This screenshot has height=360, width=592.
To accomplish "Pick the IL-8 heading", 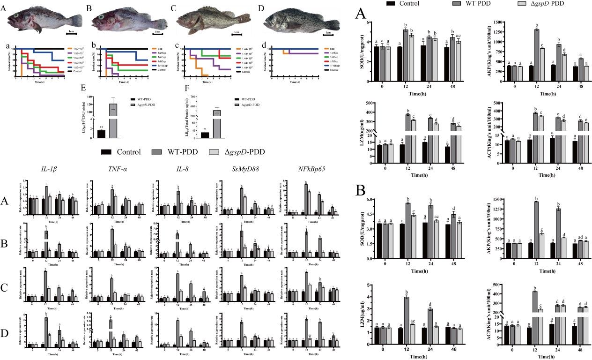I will click(169, 170).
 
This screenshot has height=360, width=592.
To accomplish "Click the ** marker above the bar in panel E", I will click(101, 127).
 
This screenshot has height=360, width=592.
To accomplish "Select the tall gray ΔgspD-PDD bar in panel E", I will click(113, 120).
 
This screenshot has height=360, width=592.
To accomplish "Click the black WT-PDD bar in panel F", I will click(205, 135).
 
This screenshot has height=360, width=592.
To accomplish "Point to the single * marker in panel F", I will click(205, 129).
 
